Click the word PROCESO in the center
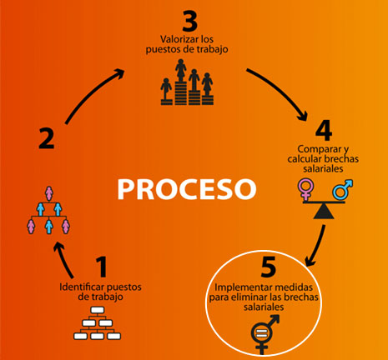(185, 187)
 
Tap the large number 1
(102, 267)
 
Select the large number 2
(47, 137)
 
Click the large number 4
(325, 130)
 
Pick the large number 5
(267, 268)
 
